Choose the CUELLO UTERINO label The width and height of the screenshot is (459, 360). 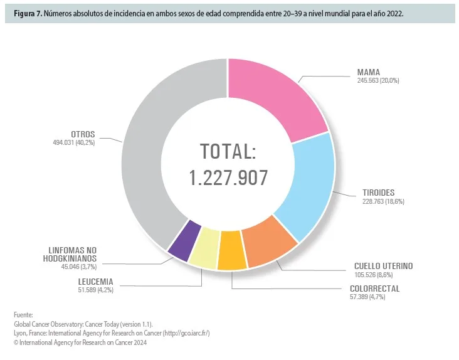[384, 266]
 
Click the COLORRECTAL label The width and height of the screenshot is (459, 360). [374, 289]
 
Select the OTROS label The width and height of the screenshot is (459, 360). [82, 134]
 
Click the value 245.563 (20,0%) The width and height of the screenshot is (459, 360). [374, 81]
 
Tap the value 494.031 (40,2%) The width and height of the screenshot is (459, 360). [73, 143]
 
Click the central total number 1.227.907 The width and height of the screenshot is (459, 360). [229, 177]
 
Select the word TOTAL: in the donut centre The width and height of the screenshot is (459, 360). [229, 152]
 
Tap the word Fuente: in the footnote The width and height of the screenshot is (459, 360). [23, 315]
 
